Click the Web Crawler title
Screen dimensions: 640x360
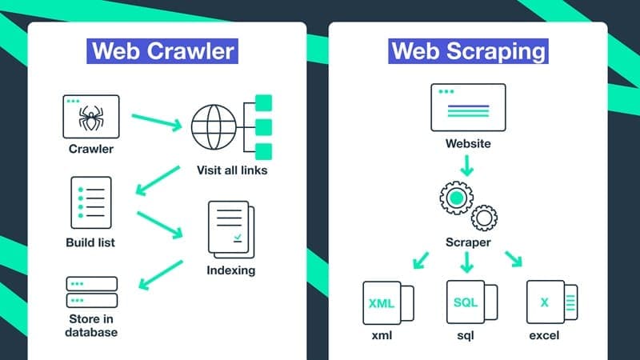[x=162, y=51]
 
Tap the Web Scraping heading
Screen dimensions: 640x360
[x=468, y=51]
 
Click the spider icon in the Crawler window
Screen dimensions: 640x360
[x=91, y=118]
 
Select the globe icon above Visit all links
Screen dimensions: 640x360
[x=214, y=127]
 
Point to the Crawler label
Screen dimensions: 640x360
[x=91, y=149]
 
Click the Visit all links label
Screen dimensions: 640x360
[x=232, y=170]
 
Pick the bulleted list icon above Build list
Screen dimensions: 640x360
[x=91, y=202]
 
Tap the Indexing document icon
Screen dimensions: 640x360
[x=231, y=230]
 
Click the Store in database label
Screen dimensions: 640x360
[x=91, y=326]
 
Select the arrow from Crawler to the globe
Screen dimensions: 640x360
[x=157, y=122]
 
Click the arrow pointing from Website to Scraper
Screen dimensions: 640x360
[x=467, y=166]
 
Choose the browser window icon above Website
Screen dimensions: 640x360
[x=468, y=107]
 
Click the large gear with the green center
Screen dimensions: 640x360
[x=456, y=198]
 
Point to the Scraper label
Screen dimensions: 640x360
[x=468, y=242]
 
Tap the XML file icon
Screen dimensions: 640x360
[x=388, y=303]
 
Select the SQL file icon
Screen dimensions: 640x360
[x=472, y=302]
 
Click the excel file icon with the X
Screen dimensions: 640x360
[x=552, y=302]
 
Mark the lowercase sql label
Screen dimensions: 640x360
[x=466, y=336]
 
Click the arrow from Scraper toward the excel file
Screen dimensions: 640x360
[x=514, y=258]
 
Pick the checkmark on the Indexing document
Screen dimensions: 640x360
[x=238, y=238]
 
